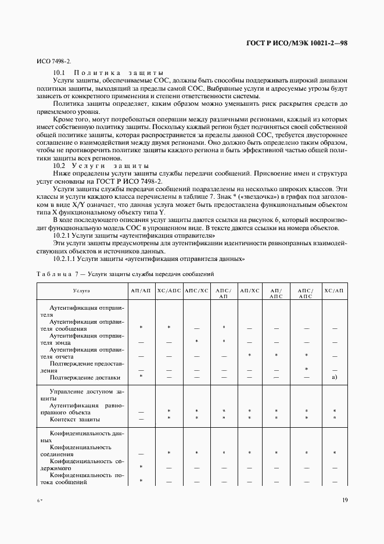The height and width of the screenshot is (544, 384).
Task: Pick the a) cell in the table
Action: pyautogui.click(x=334, y=377)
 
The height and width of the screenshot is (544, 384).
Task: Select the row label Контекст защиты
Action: pyautogui.click(x=75, y=418)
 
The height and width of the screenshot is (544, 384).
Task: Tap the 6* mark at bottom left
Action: pyautogui.click(x=41, y=500)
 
